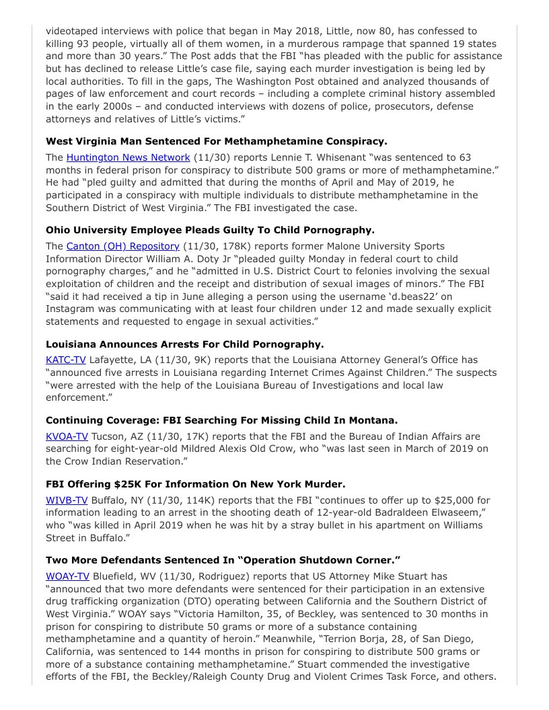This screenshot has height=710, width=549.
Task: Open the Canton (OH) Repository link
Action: tap(122, 246)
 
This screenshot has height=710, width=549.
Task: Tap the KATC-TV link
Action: tap(65, 360)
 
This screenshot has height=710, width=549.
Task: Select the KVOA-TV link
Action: tap(67, 436)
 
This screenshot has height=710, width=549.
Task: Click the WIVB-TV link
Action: tap(67, 500)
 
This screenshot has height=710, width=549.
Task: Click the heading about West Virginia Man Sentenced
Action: tap(216, 141)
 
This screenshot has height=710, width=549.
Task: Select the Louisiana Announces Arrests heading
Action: tap(184, 344)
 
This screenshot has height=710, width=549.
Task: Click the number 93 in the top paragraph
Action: tap(85, 44)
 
